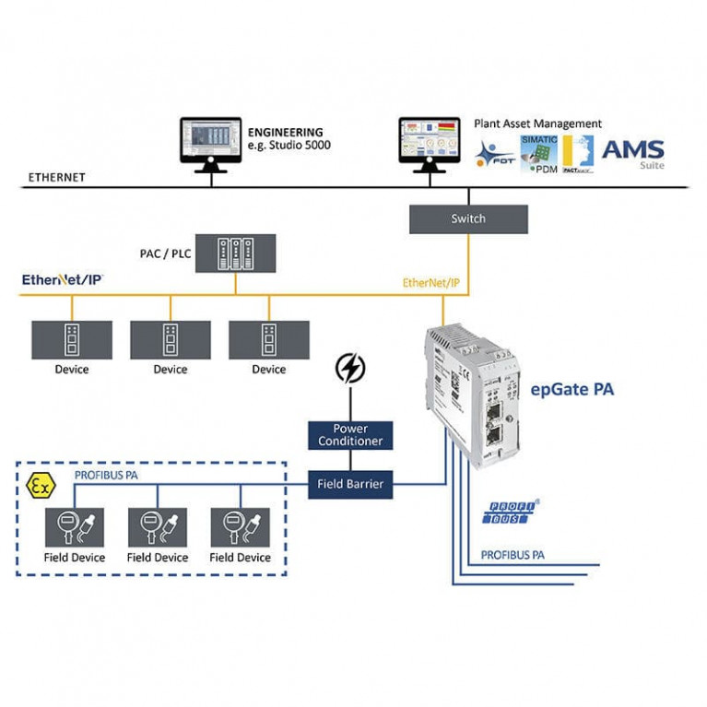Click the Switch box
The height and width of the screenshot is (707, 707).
468,218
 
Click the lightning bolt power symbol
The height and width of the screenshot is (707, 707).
349,369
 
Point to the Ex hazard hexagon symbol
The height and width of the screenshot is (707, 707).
40,486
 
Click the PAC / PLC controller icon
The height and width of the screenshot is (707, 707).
235,253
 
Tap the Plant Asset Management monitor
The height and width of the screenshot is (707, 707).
430,142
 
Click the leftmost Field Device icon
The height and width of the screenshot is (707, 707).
75,527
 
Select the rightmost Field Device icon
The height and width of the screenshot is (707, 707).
240,527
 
